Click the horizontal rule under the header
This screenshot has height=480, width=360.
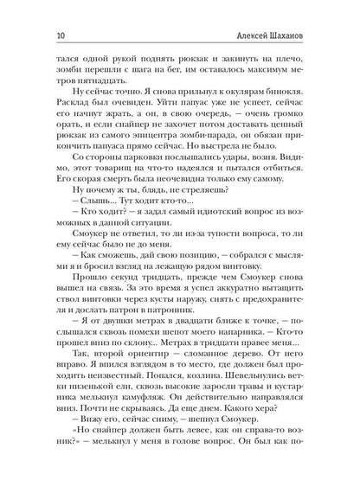click(x=180, y=43)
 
